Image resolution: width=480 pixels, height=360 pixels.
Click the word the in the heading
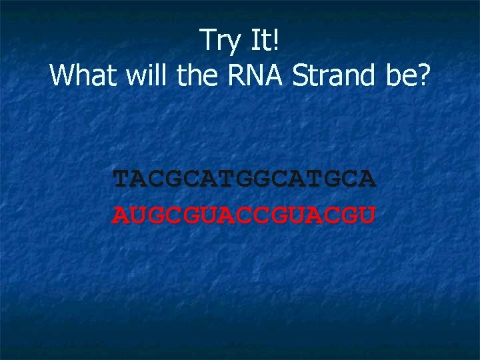197,76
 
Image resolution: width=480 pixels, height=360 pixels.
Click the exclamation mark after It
277,41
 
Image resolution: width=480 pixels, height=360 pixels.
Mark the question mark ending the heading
424,76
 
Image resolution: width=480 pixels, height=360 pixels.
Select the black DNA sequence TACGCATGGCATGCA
245,179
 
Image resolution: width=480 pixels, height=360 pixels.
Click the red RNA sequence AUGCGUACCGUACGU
245,215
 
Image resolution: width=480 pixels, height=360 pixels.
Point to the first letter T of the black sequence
122,179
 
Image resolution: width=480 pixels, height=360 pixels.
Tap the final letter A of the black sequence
368,179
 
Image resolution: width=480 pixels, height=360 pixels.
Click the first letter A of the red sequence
122,215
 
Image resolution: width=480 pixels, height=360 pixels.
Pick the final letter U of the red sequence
368,215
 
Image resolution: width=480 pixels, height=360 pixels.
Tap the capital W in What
62,76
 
